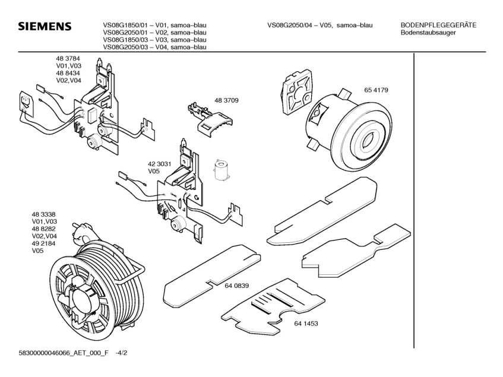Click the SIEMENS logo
coord(45,27)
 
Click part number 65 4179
coord(377,90)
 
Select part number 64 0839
coord(236,286)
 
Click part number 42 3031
coord(160,163)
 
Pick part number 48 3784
coord(68,58)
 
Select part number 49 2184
coord(44,244)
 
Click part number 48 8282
coord(44,229)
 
